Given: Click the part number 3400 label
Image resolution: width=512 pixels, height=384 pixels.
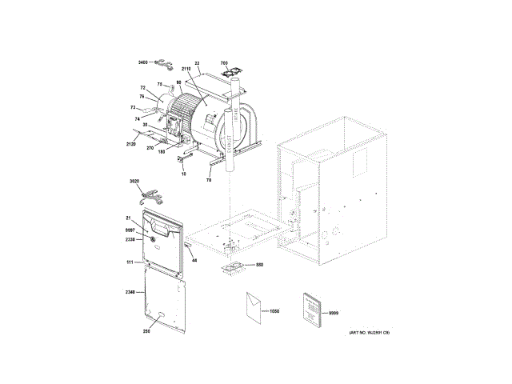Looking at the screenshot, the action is click(x=142, y=62).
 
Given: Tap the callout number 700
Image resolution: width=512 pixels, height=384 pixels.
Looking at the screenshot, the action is click(x=224, y=62).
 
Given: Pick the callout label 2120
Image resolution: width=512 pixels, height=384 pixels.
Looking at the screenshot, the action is click(x=132, y=144).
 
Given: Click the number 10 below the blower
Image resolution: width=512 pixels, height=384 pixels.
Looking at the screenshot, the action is click(x=182, y=173).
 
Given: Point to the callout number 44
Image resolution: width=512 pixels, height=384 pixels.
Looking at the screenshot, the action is click(x=194, y=261).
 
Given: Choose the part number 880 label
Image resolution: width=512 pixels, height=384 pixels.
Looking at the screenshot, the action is click(x=259, y=265).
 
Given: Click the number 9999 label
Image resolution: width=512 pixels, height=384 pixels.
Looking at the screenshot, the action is click(x=334, y=314).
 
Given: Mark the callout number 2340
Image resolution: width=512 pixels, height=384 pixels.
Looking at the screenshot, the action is click(x=131, y=291).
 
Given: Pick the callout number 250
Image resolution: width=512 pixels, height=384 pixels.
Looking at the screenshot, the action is click(x=146, y=330).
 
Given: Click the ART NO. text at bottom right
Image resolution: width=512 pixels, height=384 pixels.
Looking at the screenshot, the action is click(x=367, y=332).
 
